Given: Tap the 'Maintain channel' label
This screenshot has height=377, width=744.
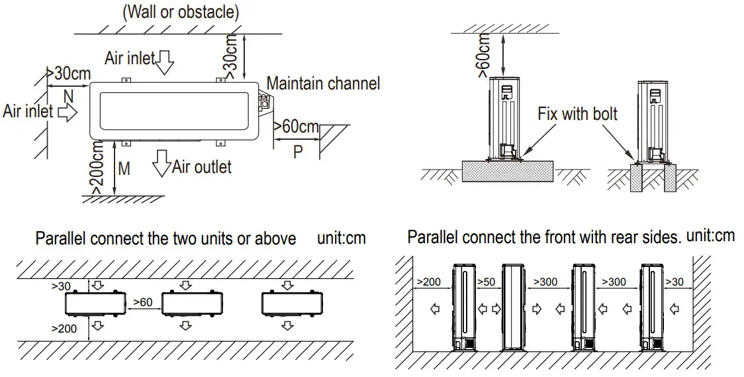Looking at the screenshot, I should coord(323,83).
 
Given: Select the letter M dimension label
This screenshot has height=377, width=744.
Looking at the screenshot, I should coord(124,169).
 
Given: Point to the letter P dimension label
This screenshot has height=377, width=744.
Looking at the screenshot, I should coord(299,150).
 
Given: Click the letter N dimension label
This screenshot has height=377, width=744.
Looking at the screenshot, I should coord(69,97).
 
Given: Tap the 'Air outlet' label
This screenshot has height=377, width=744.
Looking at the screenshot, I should coord(202,166).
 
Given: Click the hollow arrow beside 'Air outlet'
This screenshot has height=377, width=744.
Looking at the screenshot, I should coord(161,163).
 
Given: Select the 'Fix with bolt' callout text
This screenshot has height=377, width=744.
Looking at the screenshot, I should coord(577,113).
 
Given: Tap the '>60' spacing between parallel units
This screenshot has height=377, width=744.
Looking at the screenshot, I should coord(144,302).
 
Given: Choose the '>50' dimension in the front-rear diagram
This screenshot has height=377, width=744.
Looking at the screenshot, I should coord(487,282).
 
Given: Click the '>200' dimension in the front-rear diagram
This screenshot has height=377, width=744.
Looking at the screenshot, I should coord(429,282).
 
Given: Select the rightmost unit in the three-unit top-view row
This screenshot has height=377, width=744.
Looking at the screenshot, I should coord(287,305).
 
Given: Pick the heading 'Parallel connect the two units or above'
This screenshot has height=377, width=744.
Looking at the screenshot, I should coord(165,239).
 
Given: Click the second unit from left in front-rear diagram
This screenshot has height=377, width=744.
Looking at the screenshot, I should coord(514,306).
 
